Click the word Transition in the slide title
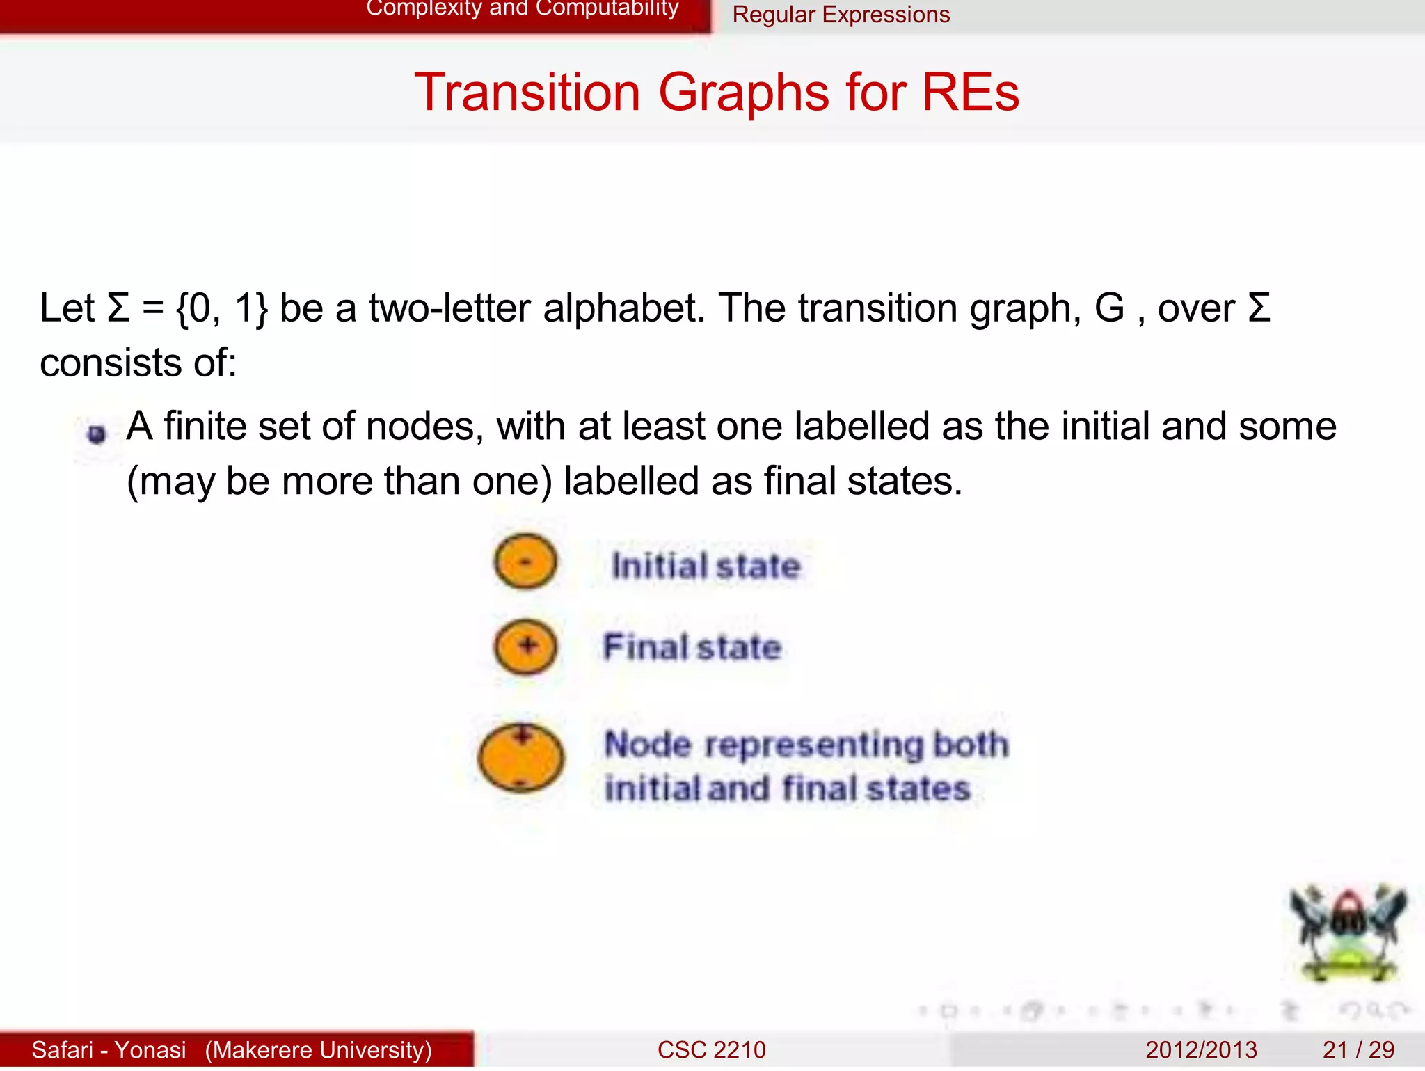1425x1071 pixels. point(527,93)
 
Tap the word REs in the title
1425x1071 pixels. point(970,93)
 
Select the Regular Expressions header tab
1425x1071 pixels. point(841,15)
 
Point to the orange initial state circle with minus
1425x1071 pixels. point(525,561)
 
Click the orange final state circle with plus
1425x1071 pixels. point(525,646)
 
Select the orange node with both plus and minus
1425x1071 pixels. point(520,759)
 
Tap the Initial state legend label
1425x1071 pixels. point(706,566)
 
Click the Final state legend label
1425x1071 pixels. point(692,647)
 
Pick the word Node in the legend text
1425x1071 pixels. point(647,745)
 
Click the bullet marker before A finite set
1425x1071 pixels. point(97,434)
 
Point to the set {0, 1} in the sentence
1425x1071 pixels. point(221,308)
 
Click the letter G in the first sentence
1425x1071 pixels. point(1109,308)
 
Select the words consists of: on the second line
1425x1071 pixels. point(138,363)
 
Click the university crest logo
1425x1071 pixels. point(1347,933)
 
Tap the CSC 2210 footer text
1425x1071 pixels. point(711,1049)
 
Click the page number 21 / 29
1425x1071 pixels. point(1358,1049)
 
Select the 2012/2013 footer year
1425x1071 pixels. point(1201,1049)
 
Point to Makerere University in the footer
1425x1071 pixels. point(318,1049)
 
